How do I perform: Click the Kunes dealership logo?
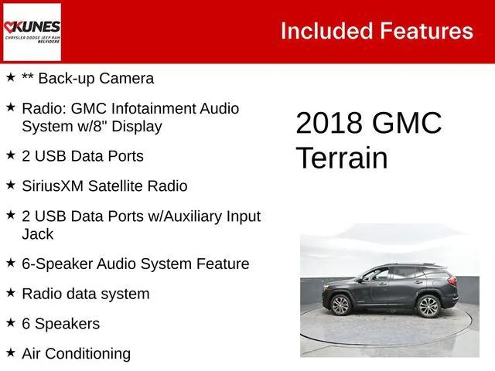(x=32, y=32)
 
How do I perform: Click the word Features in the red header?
(x=426, y=31)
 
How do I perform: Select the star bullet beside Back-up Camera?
(x=11, y=77)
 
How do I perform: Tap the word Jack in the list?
(x=38, y=233)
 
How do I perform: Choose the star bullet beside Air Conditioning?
(x=11, y=352)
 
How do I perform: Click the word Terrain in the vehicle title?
(x=341, y=158)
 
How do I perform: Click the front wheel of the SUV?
(x=341, y=305)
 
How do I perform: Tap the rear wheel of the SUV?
(x=428, y=306)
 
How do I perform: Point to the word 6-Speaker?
(x=56, y=264)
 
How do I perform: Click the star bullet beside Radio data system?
(x=11, y=292)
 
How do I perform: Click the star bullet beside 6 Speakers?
(x=11, y=322)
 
